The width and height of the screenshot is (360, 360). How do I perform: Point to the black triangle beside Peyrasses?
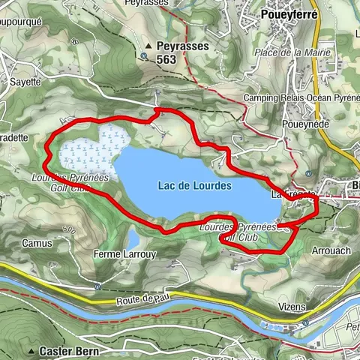coord(149,45)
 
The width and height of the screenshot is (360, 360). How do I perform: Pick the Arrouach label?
coord(329,251)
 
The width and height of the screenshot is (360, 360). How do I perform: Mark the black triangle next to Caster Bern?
coord(32,351)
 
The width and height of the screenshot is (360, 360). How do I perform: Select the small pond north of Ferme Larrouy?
coord(132,239)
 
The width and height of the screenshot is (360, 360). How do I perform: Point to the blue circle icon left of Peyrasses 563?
coord(143,55)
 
